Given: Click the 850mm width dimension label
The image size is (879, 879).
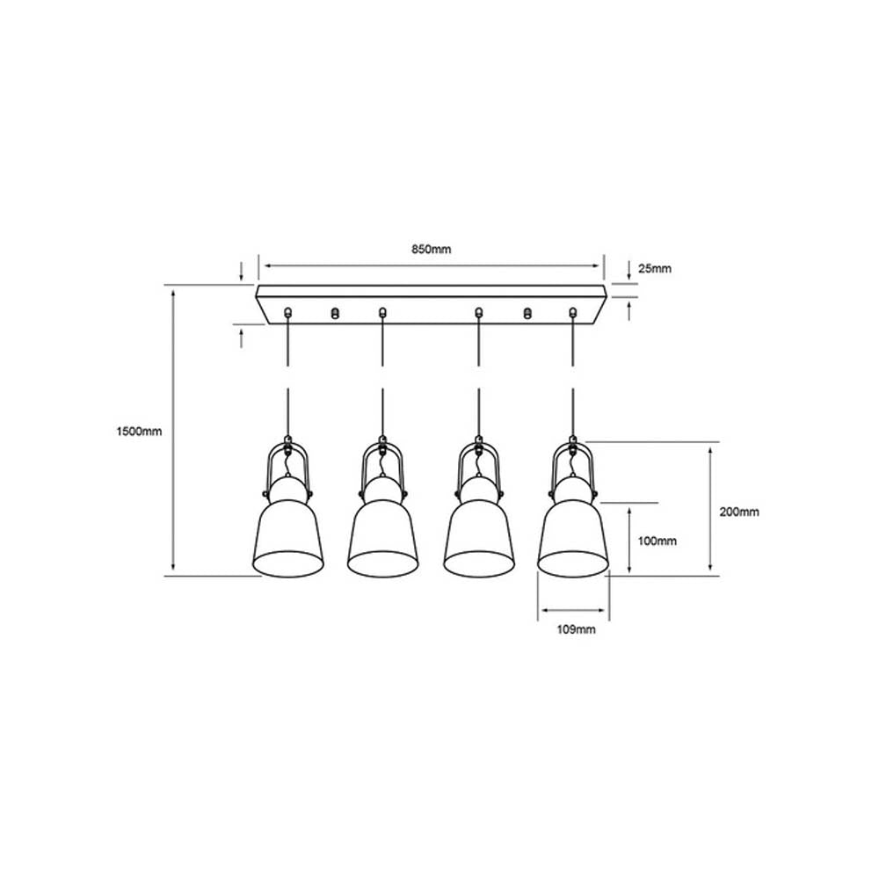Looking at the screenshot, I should click(x=431, y=250).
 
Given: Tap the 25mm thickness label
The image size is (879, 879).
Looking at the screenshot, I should click(x=654, y=269).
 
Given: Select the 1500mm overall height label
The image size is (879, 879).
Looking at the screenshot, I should click(x=141, y=431).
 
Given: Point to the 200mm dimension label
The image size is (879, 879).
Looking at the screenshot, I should click(x=738, y=511).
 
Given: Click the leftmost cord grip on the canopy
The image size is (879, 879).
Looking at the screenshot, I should click(x=287, y=311).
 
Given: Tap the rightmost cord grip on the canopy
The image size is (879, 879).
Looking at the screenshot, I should click(x=574, y=311).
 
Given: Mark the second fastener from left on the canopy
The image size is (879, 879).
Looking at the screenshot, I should click(x=334, y=312).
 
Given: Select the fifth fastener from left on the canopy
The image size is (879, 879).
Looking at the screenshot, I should click(x=528, y=312).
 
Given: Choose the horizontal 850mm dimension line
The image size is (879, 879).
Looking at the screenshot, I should click(x=431, y=264).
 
